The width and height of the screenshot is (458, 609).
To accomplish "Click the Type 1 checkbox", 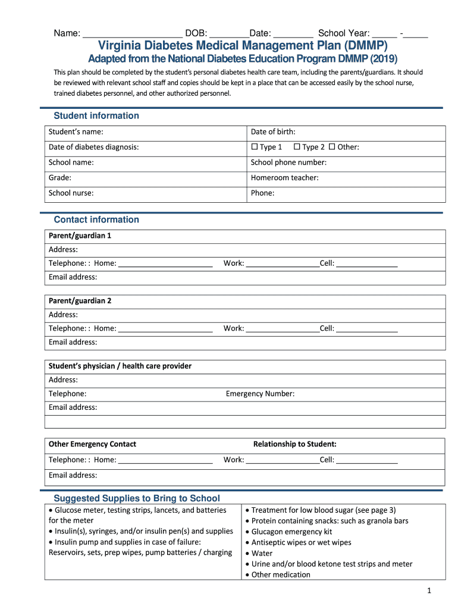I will pyautogui.click(x=255, y=147).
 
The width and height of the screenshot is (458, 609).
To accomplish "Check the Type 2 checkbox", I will pyautogui.click(x=297, y=147).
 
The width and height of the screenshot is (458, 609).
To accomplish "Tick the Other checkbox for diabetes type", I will pyautogui.click(x=332, y=147).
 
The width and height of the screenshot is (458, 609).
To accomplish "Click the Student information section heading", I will pyautogui.click(x=96, y=115).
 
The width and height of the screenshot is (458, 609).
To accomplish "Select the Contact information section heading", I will pyautogui.click(x=96, y=219).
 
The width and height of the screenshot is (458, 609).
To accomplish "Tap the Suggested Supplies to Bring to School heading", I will pyautogui.click(x=137, y=498).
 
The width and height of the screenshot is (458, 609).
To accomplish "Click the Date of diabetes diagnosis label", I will pyautogui.click(x=93, y=147).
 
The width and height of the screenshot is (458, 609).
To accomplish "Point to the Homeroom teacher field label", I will pyautogui.click(x=284, y=177).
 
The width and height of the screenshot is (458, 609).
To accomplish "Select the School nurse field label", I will pyautogui.click(x=71, y=193).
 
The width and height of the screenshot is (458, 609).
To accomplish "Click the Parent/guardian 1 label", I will pyautogui.click(x=80, y=236).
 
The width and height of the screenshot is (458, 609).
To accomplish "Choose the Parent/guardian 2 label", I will pyautogui.click(x=80, y=300).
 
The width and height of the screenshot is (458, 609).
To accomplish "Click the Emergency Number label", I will pyautogui.click(x=260, y=394).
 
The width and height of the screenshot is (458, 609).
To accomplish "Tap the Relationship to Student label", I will pyautogui.click(x=294, y=444).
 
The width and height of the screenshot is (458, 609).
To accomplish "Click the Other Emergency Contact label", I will pyautogui.click(x=92, y=444).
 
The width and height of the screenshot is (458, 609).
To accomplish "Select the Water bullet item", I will pyautogui.click(x=262, y=553).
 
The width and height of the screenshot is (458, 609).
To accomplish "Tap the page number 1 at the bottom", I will pyautogui.click(x=428, y=591).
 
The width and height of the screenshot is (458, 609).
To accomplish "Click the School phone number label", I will pyautogui.click(x=288, y=162).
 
